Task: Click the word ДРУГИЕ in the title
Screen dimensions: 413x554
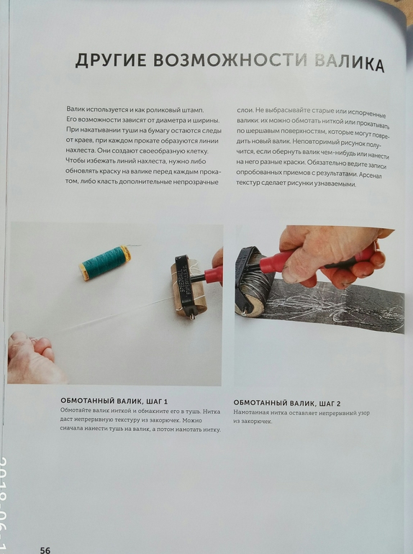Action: pyautogui.click(x=111, y=60)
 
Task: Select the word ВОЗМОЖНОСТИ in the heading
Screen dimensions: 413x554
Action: pyautogui.click(x=231, y=60)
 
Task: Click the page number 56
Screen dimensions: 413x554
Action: pyautogui.click(x=45, y=550)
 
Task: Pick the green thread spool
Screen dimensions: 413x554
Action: pyautogui.click(x=105, y=263)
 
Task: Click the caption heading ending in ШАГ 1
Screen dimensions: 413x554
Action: pyautogui.click(x=114, y=401)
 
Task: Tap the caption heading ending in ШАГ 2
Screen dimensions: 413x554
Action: pyautogui.click(x=287, y=403)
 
